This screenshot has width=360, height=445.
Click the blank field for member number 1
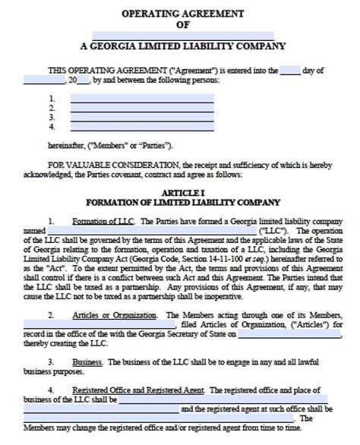[x=141, y=98]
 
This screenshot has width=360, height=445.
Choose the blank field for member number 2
[x=141, y=108]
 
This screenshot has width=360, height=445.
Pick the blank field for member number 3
[x=141, y=118]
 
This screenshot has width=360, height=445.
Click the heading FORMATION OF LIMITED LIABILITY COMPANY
[x=179, y=203]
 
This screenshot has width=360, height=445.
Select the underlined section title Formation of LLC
[x=103, y=221]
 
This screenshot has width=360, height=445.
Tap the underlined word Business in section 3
[x=88, y=361]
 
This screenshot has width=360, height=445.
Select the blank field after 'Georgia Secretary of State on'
[x=286, y=333]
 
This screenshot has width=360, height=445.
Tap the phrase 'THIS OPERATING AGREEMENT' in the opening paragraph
[x=93, y=70]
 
